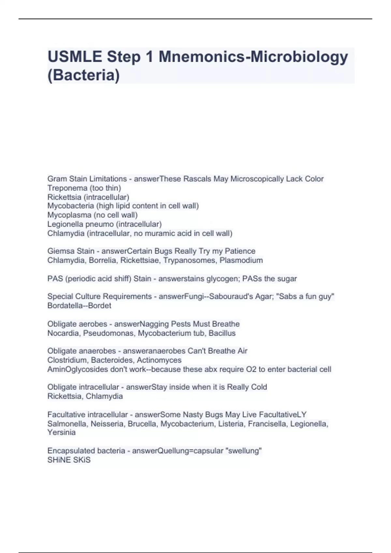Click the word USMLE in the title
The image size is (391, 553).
(75, 57)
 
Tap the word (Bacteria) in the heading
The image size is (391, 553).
(83, 75)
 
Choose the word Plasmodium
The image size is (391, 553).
(241, 260)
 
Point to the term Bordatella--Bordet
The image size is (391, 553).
(79, 306)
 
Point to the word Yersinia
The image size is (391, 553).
(61, 432)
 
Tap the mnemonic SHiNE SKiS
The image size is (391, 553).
(69, 460)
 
